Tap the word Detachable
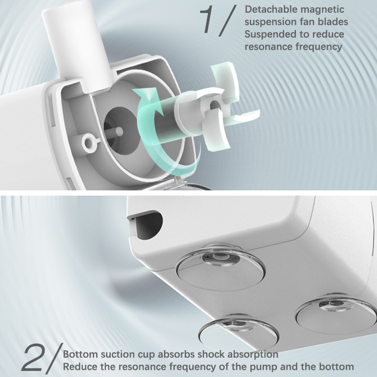pyautogui.click(x=270, y=9)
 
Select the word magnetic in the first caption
pyautogui.click(x=322, y=10)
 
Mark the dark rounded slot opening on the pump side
pyautogui.click(x=146, y=225)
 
